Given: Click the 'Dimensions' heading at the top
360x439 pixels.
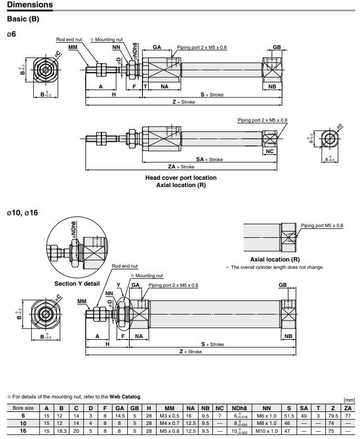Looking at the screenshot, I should [30, 5].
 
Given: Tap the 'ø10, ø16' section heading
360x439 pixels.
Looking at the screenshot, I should [23, 213].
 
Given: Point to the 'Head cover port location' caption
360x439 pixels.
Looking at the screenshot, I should [181, 178].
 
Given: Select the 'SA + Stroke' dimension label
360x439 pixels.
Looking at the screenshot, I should [210, 159].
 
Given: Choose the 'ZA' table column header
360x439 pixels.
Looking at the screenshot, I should [347, 407].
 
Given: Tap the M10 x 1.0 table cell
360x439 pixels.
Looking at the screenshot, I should [267, 431].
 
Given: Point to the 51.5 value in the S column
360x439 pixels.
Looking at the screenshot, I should [290, 415].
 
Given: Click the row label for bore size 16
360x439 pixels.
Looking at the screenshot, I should [23, 431].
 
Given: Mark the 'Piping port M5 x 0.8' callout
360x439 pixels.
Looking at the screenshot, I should [322, 225].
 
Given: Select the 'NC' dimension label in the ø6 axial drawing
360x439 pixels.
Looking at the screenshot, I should [269, 152].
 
